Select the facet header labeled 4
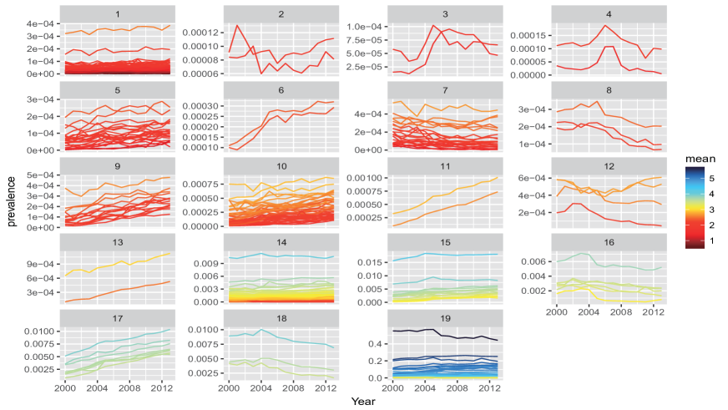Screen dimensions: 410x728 click(608, 14)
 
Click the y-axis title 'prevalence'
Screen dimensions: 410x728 click(13, 202)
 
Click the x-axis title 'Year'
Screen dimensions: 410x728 click(363, 402)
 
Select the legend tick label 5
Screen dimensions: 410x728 click(712, 178)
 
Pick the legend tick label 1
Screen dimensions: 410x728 click(712, 240)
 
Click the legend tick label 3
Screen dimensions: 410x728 click(712, 210)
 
